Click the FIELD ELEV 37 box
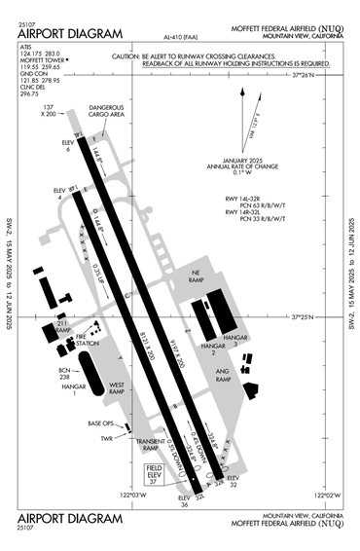click(x=154, y=473)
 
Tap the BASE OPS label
click(x=101, y=423)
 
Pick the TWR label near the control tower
click(x=107, y=439)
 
